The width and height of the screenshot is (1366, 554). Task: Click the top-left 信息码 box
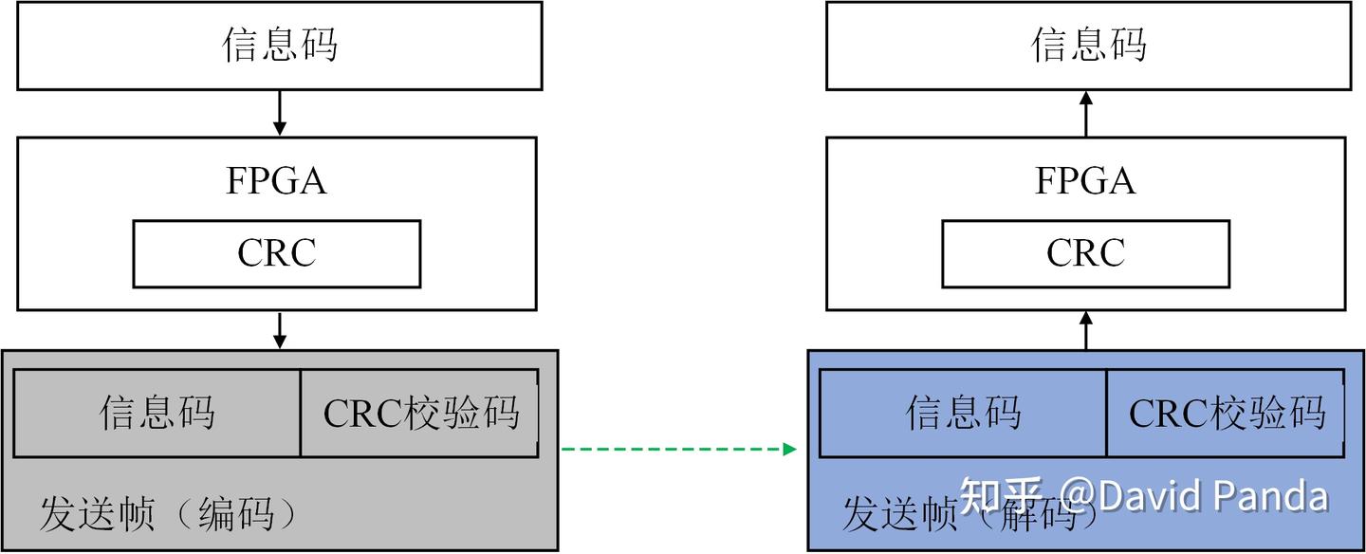tap(279, 46)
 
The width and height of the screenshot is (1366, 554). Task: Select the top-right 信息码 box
tap(1088, 46)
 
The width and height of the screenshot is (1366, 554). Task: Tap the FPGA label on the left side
tap(276, 181)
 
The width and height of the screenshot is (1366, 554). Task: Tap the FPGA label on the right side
tap(1085, 181)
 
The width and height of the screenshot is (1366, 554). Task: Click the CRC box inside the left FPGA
tap(276, 253)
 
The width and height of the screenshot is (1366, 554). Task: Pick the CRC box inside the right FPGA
tap(1085, 253)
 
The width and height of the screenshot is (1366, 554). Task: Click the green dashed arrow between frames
tap(678, 449)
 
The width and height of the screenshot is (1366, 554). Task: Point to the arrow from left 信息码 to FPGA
tap(279, 113)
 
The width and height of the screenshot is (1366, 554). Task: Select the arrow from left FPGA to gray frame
tap(279, 329)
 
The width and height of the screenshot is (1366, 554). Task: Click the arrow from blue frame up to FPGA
tap(1087, 330)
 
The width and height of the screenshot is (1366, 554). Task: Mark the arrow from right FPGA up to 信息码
tap(1087, 113)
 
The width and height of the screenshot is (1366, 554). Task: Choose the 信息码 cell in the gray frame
tap(157, 413)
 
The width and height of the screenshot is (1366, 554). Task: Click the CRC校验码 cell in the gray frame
tap(420, 413)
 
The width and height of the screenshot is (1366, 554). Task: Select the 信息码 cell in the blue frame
tap(963, 413)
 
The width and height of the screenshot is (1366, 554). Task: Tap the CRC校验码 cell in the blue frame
tap(1226, 413)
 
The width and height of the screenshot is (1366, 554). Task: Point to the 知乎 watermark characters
tap(1002, 495)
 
